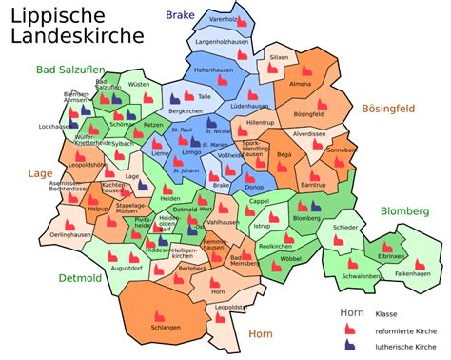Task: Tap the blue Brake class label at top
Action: (x=180, y=15)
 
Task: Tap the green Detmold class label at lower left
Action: (x=80, y=277)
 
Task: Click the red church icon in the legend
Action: (x=350, y=328)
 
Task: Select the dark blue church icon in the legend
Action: (x=350, y=344)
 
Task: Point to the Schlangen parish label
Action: (x=165, y=328)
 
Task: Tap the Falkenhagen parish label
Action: (x=415, y=273)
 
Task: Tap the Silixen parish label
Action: (x=279, y=58)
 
